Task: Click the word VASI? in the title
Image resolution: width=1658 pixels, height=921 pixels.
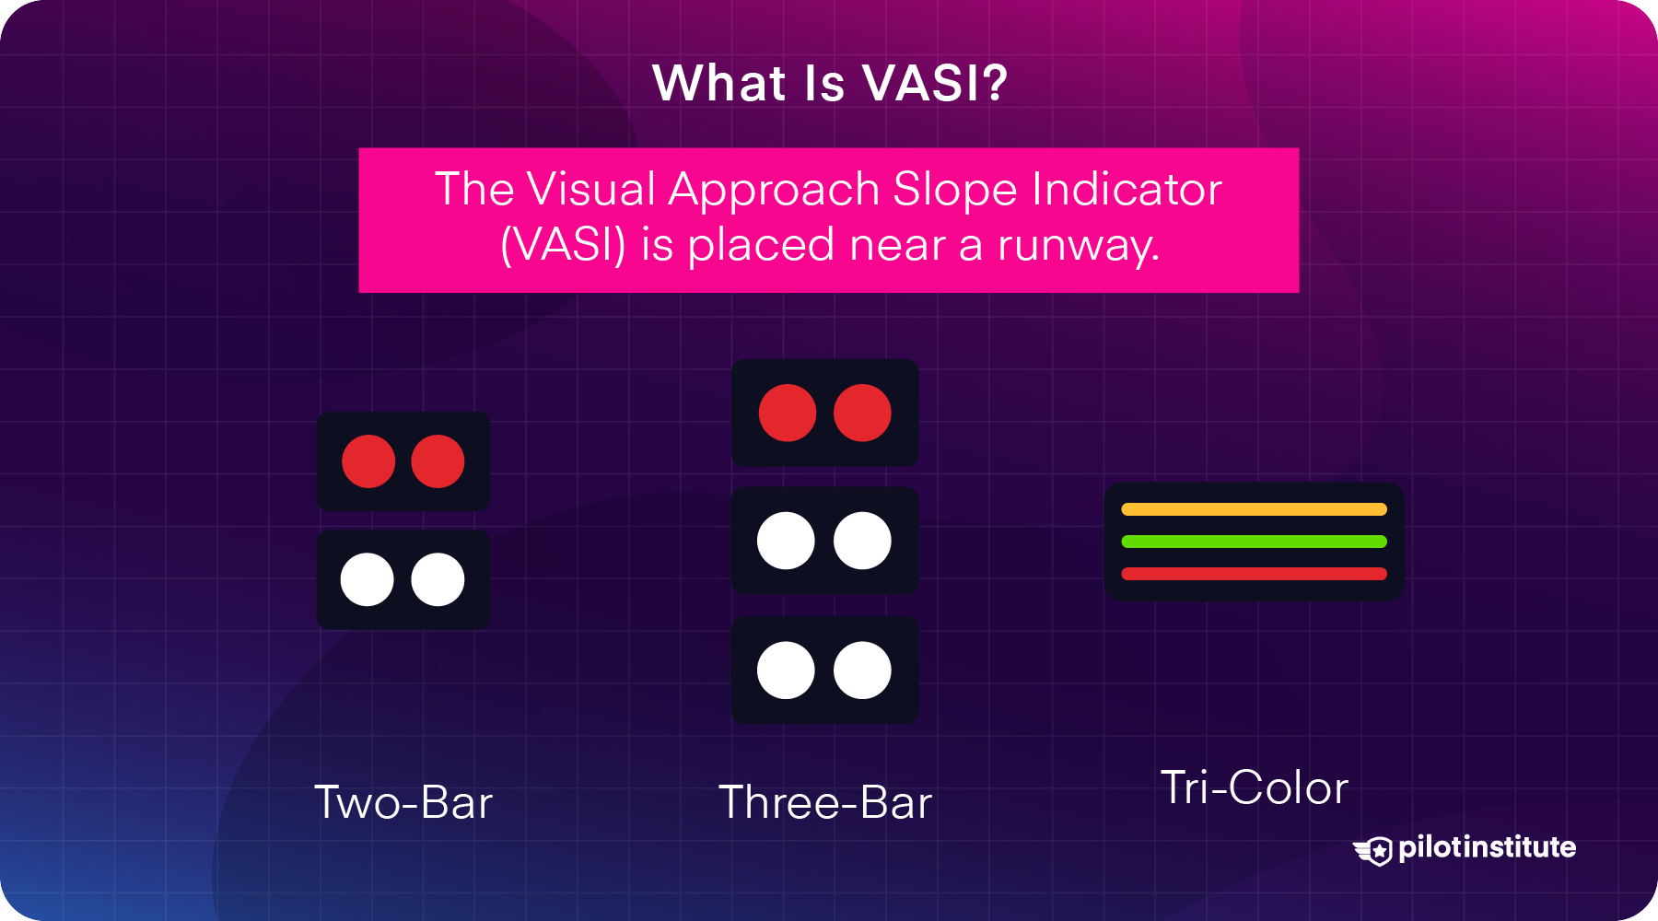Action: [x=935, y=83]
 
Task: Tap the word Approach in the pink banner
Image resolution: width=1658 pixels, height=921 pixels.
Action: [x=775, y=190]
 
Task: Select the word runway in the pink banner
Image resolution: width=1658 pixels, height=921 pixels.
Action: [x=1077, y=246]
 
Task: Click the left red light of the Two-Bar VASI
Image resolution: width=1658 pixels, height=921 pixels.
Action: [x=368, y=461]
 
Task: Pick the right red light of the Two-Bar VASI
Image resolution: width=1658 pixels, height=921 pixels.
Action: [x=438, y=461]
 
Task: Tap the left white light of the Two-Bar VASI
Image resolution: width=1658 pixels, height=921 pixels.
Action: [x=368, y=579]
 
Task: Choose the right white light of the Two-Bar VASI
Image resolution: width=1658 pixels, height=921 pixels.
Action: [x=438, y=579]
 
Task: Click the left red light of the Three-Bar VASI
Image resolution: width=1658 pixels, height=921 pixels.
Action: [x=788, y=413]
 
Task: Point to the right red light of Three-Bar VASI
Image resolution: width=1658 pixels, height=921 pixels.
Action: [x=862, y=413]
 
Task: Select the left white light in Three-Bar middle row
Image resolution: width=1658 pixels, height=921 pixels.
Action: [x=786, y=541]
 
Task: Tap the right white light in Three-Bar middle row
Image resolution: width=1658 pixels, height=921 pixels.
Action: [x=862, y=541]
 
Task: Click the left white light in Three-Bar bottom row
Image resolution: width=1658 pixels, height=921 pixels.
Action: [x=786, y=670]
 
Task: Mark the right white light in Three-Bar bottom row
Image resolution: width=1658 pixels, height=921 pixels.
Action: [x=862, y=670]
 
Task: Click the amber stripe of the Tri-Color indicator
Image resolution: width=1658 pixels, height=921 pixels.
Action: [x=1254, y=509]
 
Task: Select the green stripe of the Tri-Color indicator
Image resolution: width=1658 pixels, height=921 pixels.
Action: [x=1254, y=542]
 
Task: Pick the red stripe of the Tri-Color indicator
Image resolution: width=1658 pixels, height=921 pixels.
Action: [x=1254, y=574]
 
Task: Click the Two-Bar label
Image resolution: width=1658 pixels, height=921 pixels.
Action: [x=403, y=802]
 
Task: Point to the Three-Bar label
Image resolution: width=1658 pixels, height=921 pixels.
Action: [x=825, y=802]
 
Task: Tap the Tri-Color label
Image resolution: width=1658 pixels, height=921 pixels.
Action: [x=1255, y=787]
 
